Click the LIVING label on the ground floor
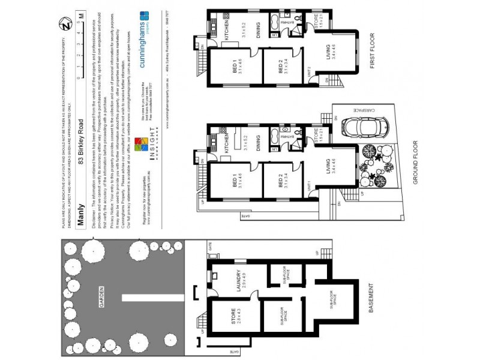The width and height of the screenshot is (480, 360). coord(328,166)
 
